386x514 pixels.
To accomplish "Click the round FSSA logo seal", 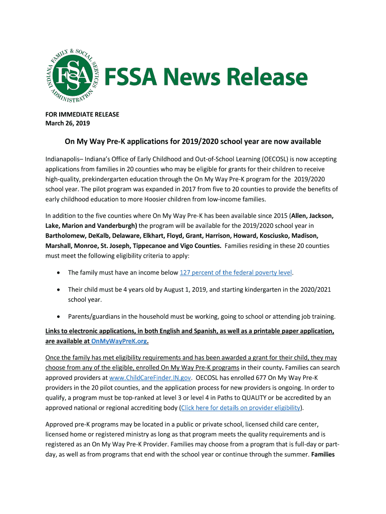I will pos(70,76).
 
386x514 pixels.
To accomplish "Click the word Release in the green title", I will pos(271,78).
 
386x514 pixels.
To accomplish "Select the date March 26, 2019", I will pos(68,123).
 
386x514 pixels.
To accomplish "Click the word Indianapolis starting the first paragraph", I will pos(64,159).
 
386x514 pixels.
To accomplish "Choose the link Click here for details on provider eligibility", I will pos(241,408).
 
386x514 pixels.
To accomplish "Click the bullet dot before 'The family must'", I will pos(60,273).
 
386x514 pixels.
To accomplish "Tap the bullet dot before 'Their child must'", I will pos(60,290).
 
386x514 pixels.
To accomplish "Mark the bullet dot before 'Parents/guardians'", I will pos(60,317).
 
